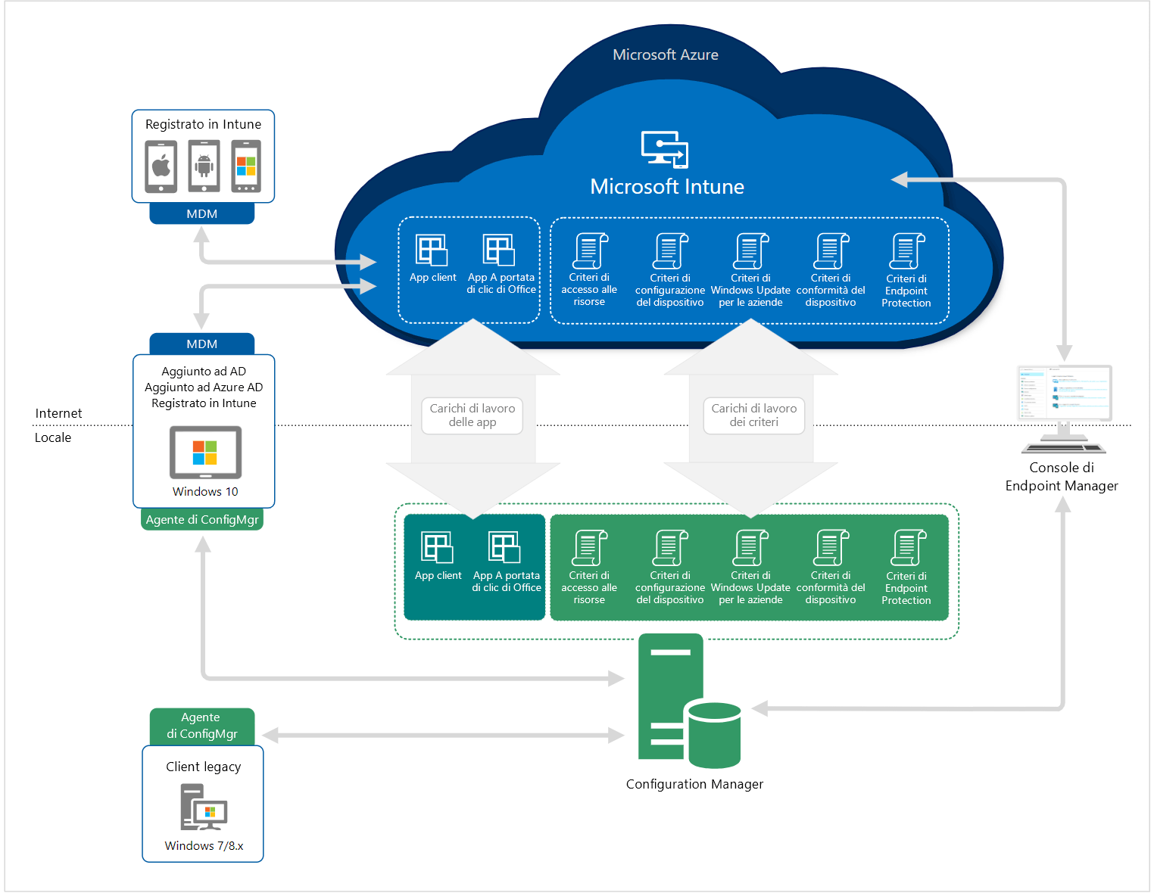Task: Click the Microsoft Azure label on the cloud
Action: click(x=665, y=54)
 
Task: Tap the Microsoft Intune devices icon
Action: click(x=665, y=149)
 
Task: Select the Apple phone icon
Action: click(x=161, y=166)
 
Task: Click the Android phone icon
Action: click(x=204, y=166)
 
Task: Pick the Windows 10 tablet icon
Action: click(x=205, y=453)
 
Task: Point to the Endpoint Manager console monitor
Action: click(x=1064, y=394)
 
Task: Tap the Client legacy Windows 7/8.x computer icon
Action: click(x=203, y=807)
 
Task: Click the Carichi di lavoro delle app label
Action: click(x=472, y=415)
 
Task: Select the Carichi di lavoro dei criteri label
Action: click(x=753, y=415)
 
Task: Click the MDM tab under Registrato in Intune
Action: click(x=201, y=214)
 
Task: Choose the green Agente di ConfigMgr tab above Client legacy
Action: click(x=201, y=726)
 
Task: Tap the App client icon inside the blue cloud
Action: click(x=432, y=250)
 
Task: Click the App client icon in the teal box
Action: click(x=438, y=547)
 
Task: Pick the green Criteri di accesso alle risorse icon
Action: click(x=589, y=548)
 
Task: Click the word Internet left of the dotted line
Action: click(x=58, y=413)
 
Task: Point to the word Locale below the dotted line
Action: click(x=53, y=437)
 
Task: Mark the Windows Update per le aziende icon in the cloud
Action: click(x=750, y=251)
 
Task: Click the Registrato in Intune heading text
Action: click(x=203, y=124)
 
